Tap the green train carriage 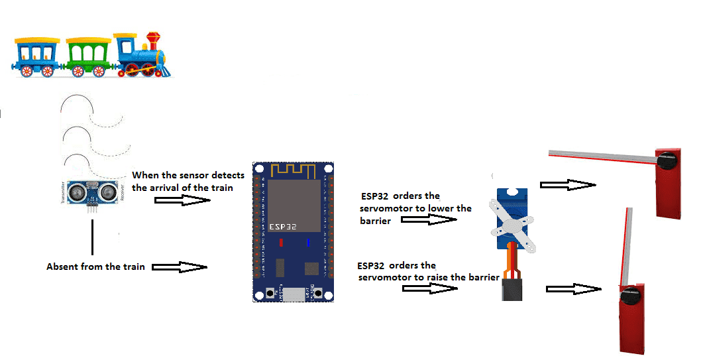(x=88, y=57)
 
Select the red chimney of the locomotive (x=153, y=41)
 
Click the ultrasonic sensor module (x=92, y=194)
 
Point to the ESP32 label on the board (x=283, y=227)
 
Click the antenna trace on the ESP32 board (x=293, y=170)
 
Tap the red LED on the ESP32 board (x=281, y=243)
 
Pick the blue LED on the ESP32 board (x=308, y=243)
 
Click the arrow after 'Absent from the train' (x=180, y=267)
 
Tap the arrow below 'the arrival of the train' (x=182, y=200)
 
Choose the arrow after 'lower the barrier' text (x=429, y=219)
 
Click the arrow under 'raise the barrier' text (x=430, y=288)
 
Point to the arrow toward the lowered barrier (x=568, y=184)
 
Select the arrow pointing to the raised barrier (x=574, y=289)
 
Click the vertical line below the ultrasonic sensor (x=93, y=237)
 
